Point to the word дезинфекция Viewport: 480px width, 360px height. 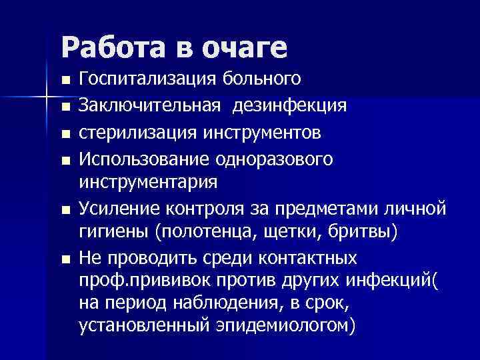(x=290, y=105)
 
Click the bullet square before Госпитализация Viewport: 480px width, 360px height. (x=65, y=81)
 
